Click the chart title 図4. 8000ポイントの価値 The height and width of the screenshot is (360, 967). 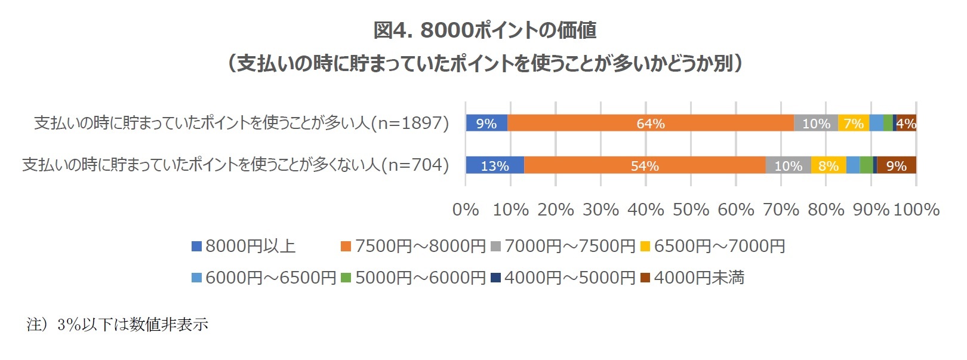[484, 30]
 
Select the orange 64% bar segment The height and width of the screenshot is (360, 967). [650, 123]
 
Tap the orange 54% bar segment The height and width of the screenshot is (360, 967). [645, 165]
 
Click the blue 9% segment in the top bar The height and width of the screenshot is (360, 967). [486, 123]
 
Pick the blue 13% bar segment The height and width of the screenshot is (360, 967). [495, 165]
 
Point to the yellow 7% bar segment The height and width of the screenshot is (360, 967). [854, 123]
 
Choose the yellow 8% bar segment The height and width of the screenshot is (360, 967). [829, 165]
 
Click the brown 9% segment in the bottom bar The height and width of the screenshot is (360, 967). [896, 165]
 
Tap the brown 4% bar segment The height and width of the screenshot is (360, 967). [906, 123]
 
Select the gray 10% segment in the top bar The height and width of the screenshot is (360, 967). [816, 123]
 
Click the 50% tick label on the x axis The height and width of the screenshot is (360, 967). [691, 210]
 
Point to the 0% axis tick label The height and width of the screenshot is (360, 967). [466, 210]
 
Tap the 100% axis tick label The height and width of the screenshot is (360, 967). [917, 210]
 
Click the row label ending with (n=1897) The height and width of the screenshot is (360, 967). [241, 123]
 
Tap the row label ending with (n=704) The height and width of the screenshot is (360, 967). [235, 165]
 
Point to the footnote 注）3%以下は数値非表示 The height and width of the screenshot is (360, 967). [118, 325]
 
